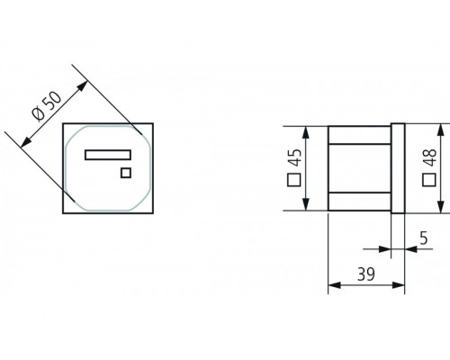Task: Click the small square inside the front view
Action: (126, 173)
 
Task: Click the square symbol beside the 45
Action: (293, 180)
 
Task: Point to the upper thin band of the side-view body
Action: (359, 136)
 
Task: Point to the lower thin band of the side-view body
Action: (359, 199)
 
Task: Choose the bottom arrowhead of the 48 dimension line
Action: (442, 210)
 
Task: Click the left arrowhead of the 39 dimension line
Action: (331, 286)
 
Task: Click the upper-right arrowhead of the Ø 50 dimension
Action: (86, 84)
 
